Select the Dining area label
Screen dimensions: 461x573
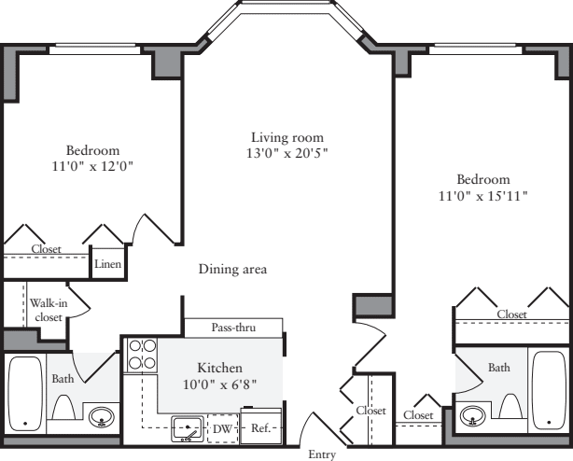(232, 270)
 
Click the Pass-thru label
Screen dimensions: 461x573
(233, 328)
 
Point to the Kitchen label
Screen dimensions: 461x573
(219, 368)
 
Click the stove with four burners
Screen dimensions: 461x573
(142, 355)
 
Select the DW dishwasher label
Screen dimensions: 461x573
(223, 429)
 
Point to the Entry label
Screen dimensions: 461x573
(322, 454)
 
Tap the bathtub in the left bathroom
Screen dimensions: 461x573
(24, 392)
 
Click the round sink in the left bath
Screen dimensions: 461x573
(102, 422)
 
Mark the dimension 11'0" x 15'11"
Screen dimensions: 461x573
(482, 196)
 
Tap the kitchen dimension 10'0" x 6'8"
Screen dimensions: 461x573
(219, 384)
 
